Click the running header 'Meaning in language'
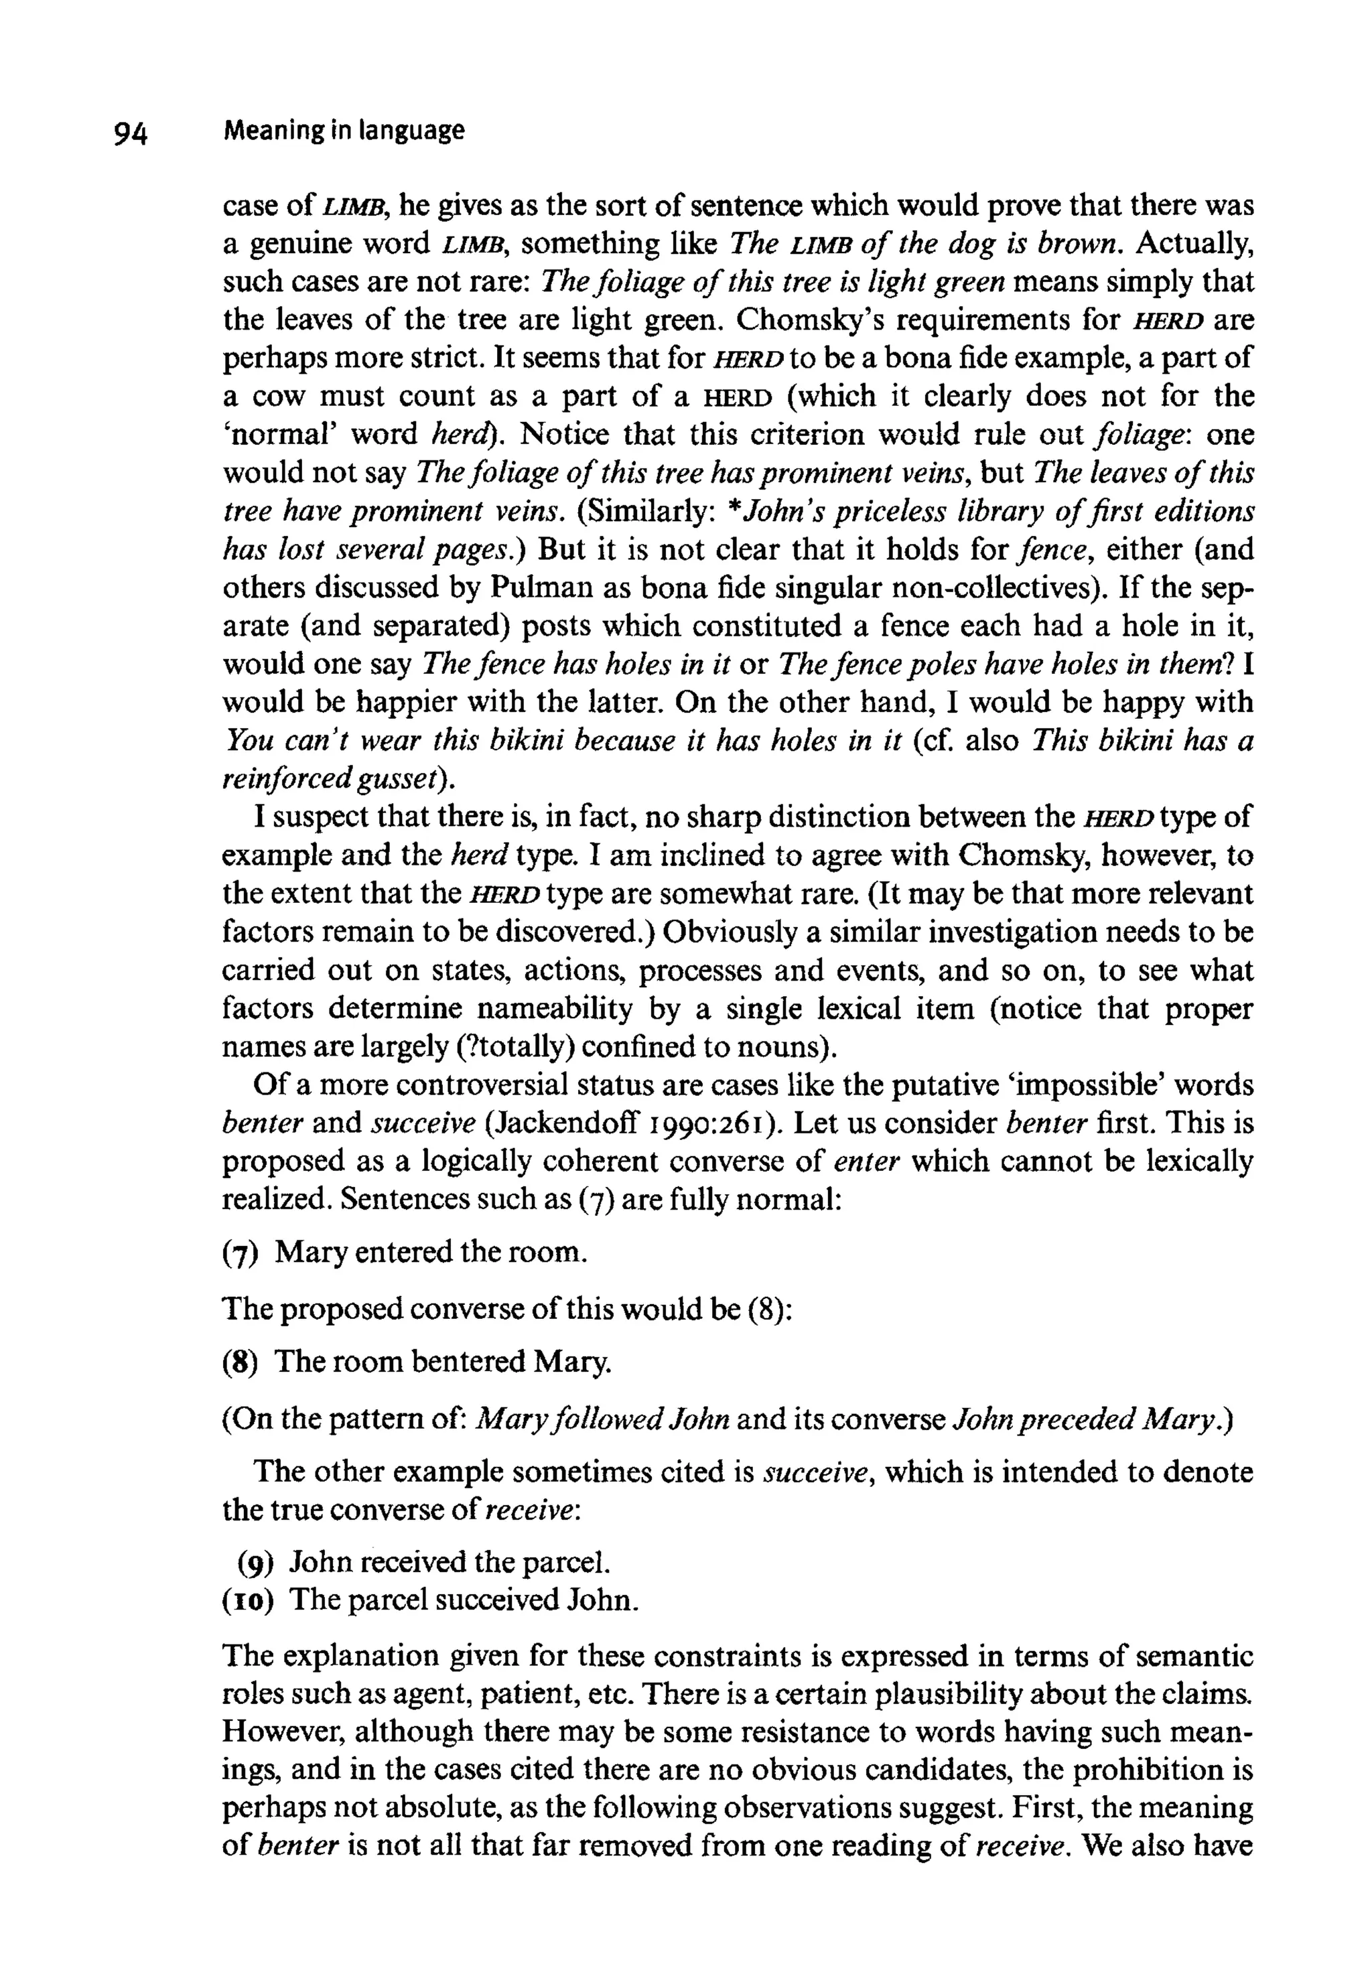coord(343,131)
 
